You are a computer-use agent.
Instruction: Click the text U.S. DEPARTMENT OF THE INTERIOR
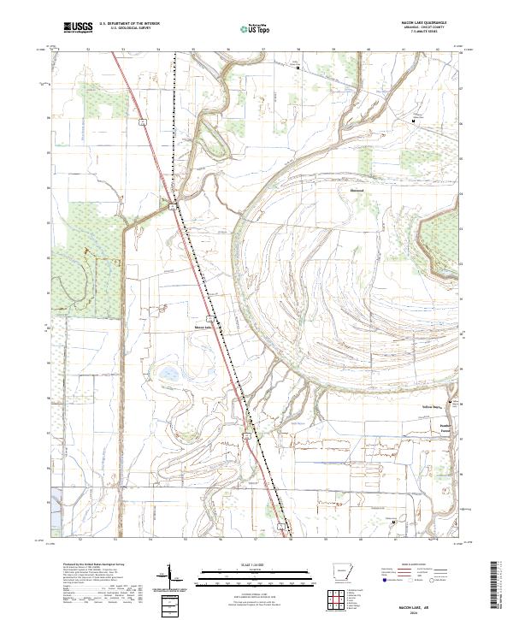pos(129,24)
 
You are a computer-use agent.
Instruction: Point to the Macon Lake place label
pos(202,326)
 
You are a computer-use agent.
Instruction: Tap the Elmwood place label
pos(358,191)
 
